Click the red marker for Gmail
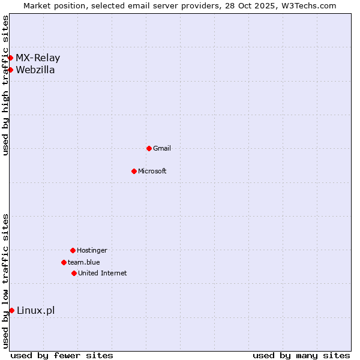pyautogui.click(x=149, y=148)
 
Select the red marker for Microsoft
pyautogui.click(x=134, y=171)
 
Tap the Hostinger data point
pyautogui.click(x=73, y=250)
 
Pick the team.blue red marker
pyautogui.click(x=64, y=262)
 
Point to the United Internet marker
pyautogui.click(x=74, y=273)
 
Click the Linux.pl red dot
pyautogui.click(x=11, y=310)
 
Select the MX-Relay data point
pyautogui.click(x=10, y=58)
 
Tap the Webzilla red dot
pyautogui.click(x=10, y=70)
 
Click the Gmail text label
pyautogui.click(x=162, y=148)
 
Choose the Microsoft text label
pyautogui.click(x=152, y=171)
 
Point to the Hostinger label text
pyautogui.click(x=92, y=250)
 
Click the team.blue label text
pyautogui.click(x=84, y=262)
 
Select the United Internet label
pyautogui.click(x=103, y=273)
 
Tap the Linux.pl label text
pyautogui.click(x=35, y=310)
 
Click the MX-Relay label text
pyautogui.click(x=38, y=58)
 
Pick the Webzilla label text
pyautogui.click(x=35, y=70)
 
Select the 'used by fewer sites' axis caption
pyautogui.click(x=62, y=355)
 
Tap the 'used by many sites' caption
pyautogui.click(x=301, y=355)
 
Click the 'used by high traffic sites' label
pyautogui.click(x=5, y=85)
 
